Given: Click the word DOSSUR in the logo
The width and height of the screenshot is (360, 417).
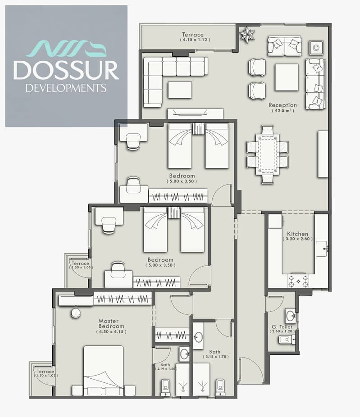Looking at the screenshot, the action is (x=66, y=70).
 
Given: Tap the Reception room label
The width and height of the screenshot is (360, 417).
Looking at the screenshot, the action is (x=283, y=105).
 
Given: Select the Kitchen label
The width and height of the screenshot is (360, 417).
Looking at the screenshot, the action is (x=297, y=234).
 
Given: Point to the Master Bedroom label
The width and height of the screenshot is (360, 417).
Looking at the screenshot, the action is (x=111, y=323).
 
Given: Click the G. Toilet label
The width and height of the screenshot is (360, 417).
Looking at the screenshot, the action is (x=282, y=326).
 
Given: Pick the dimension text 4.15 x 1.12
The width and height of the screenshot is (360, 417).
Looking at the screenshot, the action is (x=195, y=40).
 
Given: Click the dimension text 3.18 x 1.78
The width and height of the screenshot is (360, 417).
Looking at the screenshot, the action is (x=216, y=357).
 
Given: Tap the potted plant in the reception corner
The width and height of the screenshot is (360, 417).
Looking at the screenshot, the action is (x=247, y=35).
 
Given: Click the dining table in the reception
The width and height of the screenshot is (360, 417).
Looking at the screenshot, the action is (x=268, y=154).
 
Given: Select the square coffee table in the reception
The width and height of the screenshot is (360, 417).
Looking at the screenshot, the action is (x=287, y=77).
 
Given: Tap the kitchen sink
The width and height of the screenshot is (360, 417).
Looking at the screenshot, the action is (x=321, y=249).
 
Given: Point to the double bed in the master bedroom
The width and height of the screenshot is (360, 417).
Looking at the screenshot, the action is (x=104, y=371).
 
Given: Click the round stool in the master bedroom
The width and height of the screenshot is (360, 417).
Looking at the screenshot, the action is (x=76, y=313).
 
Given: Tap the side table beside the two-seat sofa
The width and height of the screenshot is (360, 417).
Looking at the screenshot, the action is (x=316, y=48).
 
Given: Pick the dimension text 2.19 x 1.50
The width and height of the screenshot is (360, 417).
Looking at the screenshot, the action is (x=166, y=369).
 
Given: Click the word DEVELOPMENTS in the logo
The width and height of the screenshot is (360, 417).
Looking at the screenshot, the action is (x=66, y=88).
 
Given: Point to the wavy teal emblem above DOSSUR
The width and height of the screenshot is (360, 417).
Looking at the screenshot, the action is (x=67, y=48).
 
